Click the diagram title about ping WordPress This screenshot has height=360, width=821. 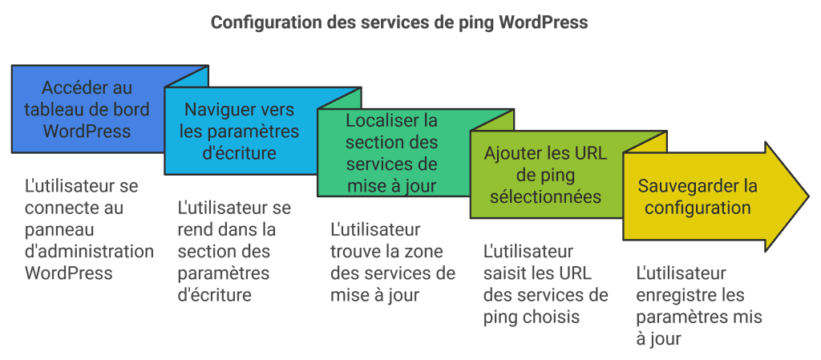coord(399,22)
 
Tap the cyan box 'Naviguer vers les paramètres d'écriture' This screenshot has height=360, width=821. coord(239,131)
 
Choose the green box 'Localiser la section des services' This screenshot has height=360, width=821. coord(392,153)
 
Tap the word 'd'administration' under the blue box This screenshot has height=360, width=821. coord(89,251)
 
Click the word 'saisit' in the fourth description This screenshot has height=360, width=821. coord(505,273)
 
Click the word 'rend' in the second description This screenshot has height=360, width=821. coord(194,230)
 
